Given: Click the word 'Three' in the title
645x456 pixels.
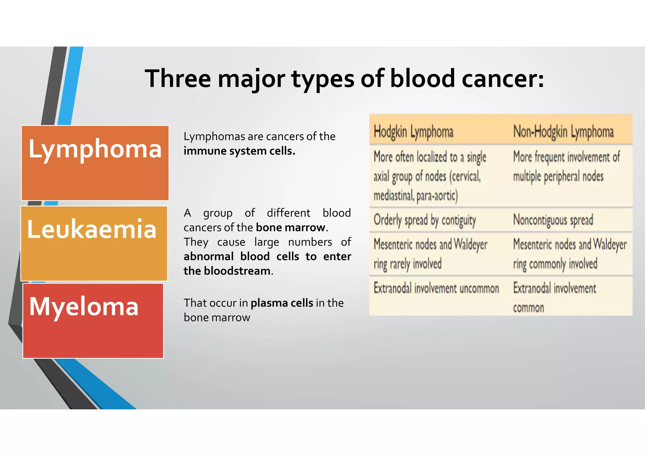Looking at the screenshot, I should coord(178,79).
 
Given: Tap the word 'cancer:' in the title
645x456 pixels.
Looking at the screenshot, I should coord(503,79).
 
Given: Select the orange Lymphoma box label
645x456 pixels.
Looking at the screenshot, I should coord(95,149).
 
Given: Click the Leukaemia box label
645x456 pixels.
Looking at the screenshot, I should coord(92,229).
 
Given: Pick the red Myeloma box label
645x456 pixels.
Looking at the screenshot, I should coord(84,306).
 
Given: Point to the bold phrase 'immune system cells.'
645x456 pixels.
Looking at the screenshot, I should coord(239,151).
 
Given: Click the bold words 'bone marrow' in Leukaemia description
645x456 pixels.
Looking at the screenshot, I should coord(290,227).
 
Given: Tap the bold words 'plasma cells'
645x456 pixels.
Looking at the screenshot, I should coord(282,303).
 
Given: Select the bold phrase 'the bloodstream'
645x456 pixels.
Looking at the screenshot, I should coord(227,271).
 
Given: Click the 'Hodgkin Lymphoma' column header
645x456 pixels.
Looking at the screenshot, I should coord(413,132).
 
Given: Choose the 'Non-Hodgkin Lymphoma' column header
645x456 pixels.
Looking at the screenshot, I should coord(563,132).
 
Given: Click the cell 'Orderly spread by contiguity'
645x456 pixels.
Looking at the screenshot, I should coord(425,220).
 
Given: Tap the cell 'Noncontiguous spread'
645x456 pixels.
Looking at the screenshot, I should coord(553,220).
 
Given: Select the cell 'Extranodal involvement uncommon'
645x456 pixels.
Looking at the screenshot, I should coord(436,288).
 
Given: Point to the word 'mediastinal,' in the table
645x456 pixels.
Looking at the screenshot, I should coord(394,196).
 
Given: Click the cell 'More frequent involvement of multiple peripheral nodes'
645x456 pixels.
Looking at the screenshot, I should coord(566,166).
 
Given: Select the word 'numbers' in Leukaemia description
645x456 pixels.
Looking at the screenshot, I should coord(310,242).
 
